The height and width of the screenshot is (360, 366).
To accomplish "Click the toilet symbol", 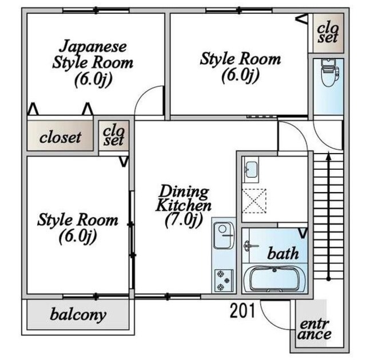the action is pos(330,73).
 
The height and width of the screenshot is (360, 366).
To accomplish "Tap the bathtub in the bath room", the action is pos(274,279).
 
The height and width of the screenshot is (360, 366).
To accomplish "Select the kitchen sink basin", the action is pos(224,235).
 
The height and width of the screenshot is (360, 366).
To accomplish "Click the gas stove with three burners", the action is pos(224,280).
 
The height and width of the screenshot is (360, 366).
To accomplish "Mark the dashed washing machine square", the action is pos(254,201).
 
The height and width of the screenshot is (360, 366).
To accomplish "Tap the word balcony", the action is pos(78,315).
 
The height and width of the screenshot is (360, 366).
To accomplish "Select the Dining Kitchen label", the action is pos(184,198).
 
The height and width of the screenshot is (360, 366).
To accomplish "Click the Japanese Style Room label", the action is pos(93,54).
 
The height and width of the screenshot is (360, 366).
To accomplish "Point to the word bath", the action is pos(283,253).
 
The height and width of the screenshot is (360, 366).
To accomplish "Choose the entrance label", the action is pos(314,330).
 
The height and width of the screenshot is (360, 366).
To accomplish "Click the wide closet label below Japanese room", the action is pos(60,137).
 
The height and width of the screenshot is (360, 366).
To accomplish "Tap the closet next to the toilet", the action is pos(328,33).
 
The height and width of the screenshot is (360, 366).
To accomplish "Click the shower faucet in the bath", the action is pos(250,246).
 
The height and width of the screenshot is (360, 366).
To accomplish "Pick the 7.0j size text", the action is pos(184,221).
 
